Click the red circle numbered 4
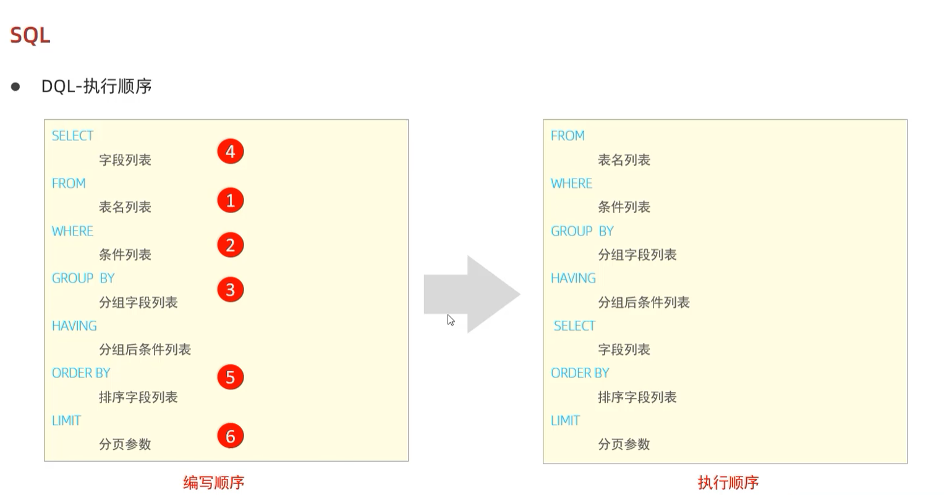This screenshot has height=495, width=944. tap(230, 151)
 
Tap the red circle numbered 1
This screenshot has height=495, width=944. tap(230, 200)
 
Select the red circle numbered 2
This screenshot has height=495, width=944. tap(230, 245)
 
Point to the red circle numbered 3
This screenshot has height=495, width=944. tap(230, 289)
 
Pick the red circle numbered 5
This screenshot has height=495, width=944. tap(230, 377)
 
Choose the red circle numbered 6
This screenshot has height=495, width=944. tap(230, 436)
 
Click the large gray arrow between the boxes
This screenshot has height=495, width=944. tap(472, 294)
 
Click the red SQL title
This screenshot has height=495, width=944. tap(30, 35)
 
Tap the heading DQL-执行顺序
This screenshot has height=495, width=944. tap(96, 86)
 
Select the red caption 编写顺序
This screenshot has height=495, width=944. tap(214, 482)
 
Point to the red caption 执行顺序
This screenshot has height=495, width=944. tap(728, 482)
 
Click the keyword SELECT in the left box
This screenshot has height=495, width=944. tap(72, 136)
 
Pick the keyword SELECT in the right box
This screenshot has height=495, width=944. tap(574, 326)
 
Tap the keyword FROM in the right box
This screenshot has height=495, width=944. tap(568, 136)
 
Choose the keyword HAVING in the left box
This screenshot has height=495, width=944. tap(74, 326)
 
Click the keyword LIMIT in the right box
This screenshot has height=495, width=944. tap(565, 421)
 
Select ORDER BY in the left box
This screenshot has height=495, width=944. tap(81, 373)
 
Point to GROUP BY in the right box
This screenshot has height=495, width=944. tap(582, 231)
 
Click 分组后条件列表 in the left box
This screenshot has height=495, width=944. tap(145, 350)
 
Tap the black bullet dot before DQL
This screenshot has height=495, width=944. tap(15, 87)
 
